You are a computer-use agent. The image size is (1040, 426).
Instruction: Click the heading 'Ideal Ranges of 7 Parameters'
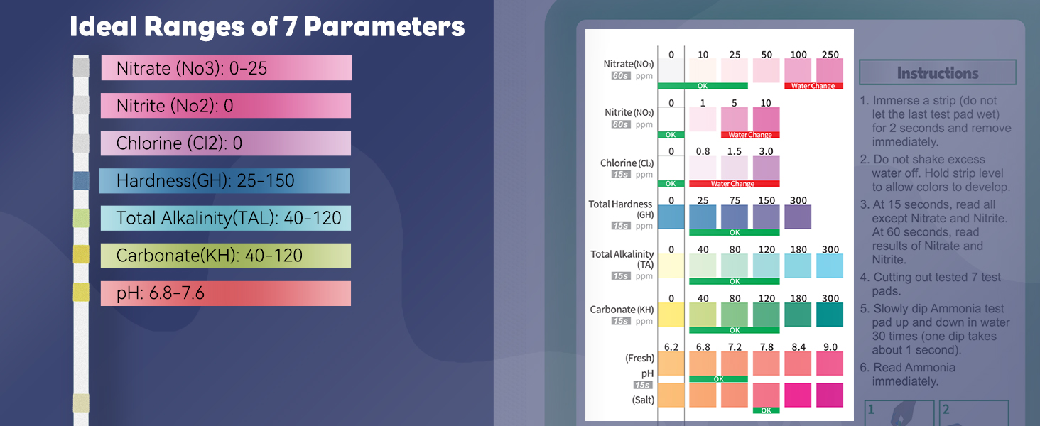pos(267,27)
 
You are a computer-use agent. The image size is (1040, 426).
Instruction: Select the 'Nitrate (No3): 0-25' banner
pos(226,68)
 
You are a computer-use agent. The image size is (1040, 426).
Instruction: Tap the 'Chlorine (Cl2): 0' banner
pos(226,143)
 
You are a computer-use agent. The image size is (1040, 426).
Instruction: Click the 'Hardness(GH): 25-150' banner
pos(224,181)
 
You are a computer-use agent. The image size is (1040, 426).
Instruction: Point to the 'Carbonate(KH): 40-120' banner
pos(226,256)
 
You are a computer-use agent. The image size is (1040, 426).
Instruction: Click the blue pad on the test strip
pos(81,180)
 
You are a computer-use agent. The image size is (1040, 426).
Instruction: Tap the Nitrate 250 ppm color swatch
pos(829,70)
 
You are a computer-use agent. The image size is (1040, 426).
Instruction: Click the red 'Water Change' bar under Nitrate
pos(813,87)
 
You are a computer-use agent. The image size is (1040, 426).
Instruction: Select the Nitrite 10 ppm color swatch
pos(766,119)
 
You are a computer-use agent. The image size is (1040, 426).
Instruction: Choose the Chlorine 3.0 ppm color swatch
pos(766,168)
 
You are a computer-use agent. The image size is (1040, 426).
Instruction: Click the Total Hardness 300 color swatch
pos(798,217)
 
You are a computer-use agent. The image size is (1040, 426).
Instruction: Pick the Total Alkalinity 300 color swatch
pos(829,266)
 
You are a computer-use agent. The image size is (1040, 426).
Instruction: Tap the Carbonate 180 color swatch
pos(798,315)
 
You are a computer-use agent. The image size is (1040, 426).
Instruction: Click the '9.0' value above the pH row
pos(830,347)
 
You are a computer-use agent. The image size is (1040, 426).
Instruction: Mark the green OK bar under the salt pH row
pos(766,410)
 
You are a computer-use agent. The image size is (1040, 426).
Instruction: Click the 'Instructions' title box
pos(937,72)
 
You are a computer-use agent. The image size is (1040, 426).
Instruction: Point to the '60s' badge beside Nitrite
pos(621,124)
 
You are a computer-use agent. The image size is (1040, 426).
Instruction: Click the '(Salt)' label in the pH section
pos(641,400)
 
